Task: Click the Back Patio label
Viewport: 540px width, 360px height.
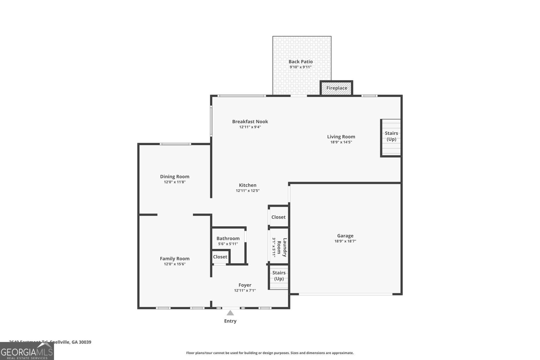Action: tap(300, 62)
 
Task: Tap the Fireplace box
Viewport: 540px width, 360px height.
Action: tap(336, 88)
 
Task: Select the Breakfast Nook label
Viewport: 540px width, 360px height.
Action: tap(250, 121)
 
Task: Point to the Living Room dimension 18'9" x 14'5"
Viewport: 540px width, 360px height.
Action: tap(341, 142)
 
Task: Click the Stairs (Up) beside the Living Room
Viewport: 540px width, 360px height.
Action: tap(391, 136)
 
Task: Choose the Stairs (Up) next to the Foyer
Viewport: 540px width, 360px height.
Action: tap(279, 276)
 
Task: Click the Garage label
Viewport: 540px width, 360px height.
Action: tap(345, 236)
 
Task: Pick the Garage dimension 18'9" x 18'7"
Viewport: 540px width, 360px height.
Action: tap(345, 241)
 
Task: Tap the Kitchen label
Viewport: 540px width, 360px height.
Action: tap(247, 185)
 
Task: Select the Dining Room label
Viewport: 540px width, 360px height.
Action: tap(174, 176)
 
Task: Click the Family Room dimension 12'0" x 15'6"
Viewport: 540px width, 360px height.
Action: tap(174, 264)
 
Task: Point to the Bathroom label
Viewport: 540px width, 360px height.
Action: tap(228, 239)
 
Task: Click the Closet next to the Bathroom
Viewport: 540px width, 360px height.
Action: tap(220, 257)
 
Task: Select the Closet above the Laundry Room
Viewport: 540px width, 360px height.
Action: tap(278, 217)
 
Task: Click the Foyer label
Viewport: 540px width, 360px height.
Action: tap(245, 285)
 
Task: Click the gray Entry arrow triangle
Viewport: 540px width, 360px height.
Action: tap(230, 313)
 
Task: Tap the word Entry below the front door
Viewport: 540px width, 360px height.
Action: tap(230, 321)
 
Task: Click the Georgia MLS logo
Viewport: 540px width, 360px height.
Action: tap(27, 352)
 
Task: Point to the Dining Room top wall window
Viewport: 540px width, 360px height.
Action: tap(175, 144)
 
